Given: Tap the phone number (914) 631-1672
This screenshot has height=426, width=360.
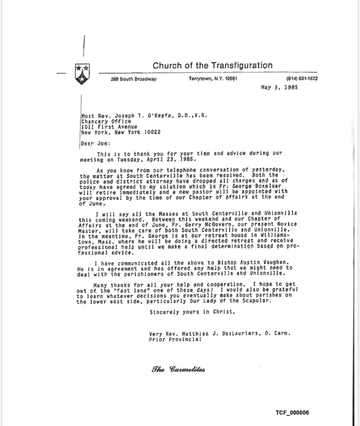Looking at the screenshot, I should (302, 78).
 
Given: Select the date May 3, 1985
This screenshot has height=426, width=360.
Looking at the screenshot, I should (279, 87).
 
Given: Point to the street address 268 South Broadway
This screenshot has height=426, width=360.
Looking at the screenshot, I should (133, 79).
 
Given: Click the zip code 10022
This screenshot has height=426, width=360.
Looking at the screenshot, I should (152, 132).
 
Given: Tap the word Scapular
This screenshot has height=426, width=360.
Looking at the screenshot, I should (258, 301).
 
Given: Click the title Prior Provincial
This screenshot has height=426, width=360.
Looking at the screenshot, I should (175, 339).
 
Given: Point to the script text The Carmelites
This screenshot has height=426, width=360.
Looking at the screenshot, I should (178, 370).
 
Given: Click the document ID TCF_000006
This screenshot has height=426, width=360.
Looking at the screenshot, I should (292, 413).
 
